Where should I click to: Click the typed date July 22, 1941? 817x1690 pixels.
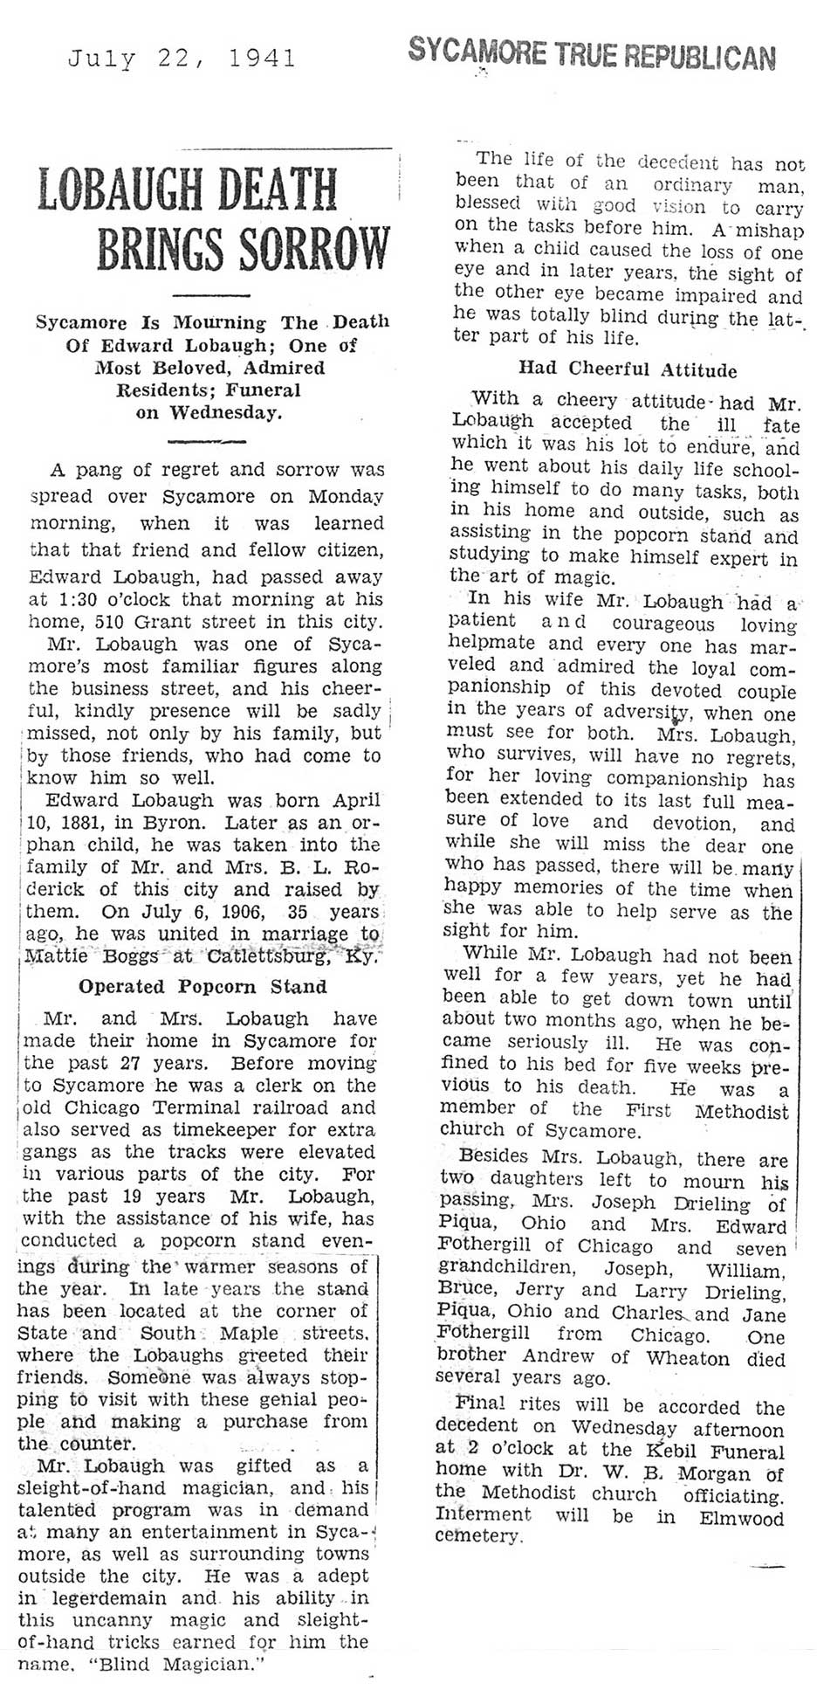[182, 59]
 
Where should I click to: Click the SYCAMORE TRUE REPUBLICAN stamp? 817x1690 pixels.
[591, 57]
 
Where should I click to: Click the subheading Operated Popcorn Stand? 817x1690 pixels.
[203, 986]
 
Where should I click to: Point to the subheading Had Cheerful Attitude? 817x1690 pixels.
[627, 369]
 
